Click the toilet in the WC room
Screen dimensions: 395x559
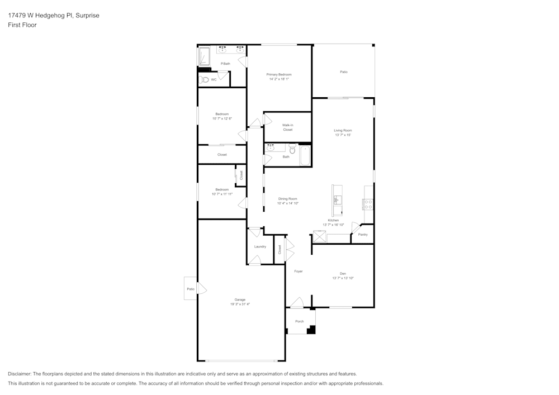205,80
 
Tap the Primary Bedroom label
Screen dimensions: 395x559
279,74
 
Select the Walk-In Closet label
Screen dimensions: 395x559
287,127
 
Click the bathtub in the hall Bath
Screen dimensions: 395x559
305,156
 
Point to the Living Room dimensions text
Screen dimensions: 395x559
343,135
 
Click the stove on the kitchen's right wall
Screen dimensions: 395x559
368,204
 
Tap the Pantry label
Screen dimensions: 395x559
363,235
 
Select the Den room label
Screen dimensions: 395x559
343,273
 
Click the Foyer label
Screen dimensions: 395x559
299,272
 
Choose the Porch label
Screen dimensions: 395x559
300,321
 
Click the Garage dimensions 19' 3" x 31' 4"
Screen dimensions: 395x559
240,304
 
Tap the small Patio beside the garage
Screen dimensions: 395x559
191,289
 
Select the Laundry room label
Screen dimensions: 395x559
260,246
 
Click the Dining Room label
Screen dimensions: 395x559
288,198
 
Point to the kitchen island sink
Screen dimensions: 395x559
338,198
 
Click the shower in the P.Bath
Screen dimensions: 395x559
204,57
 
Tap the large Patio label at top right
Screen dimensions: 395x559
344,72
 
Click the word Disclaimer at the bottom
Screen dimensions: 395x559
20,374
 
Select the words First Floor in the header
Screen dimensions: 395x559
22,25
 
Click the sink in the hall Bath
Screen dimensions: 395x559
271,149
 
